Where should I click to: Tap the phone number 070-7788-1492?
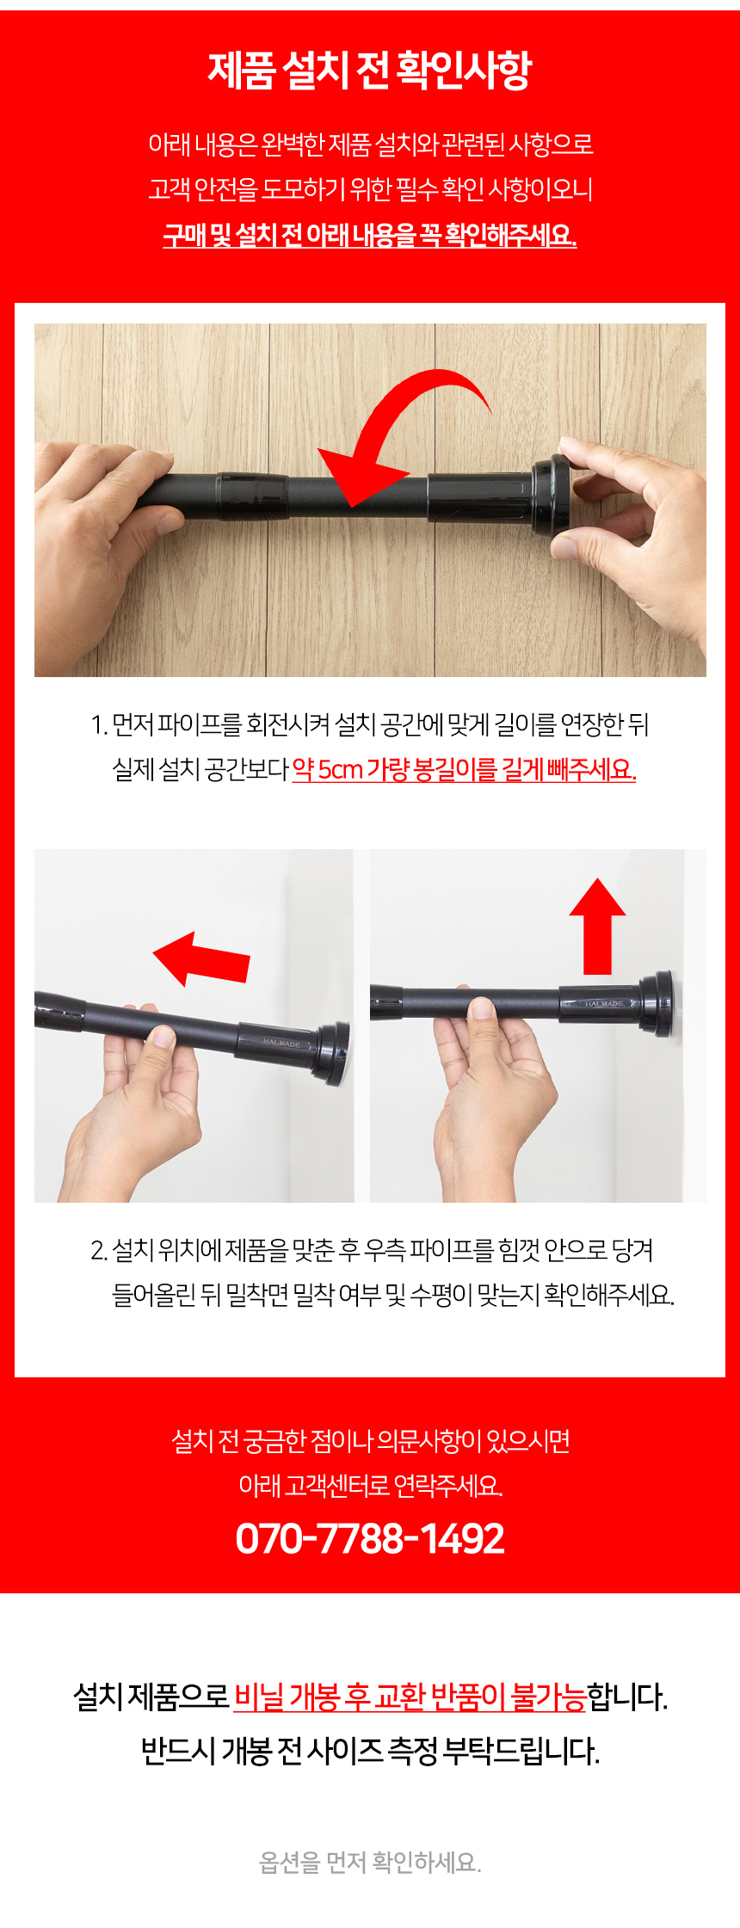point(370,1538)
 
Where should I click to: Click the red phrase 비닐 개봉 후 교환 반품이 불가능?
point(410,1697)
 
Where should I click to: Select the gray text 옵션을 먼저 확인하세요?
point(370,1863)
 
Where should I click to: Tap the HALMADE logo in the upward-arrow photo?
point(604,1003)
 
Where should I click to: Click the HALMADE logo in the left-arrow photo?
point(281,1043)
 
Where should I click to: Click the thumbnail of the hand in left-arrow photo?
point(160,1036)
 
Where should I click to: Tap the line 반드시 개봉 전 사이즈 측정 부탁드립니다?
point(370,1750)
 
